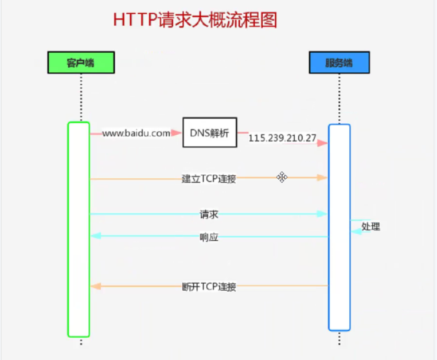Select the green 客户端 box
tap(80, 62)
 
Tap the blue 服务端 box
tap(338, 62)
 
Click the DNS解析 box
tap(209, 133)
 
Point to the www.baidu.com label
tap(136, 133)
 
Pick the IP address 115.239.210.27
tap(283, 139)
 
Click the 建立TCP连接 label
tap(209, 179)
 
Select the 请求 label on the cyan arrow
tap(209, 214)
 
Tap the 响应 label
tap(209, 237)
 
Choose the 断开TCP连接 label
tap(209, 287)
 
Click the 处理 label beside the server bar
tap(370, 226)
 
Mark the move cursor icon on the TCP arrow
tap(282, 177)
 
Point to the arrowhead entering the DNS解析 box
tap(177, 133)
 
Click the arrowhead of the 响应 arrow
tap(95, 236)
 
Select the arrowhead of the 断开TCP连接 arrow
tap(95, 286)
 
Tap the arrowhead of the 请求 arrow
tap(322, 214)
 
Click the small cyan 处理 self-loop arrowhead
tap(356, 230)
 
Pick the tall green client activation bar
tap(79, 229)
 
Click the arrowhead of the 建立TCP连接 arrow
tap(322, 178)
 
